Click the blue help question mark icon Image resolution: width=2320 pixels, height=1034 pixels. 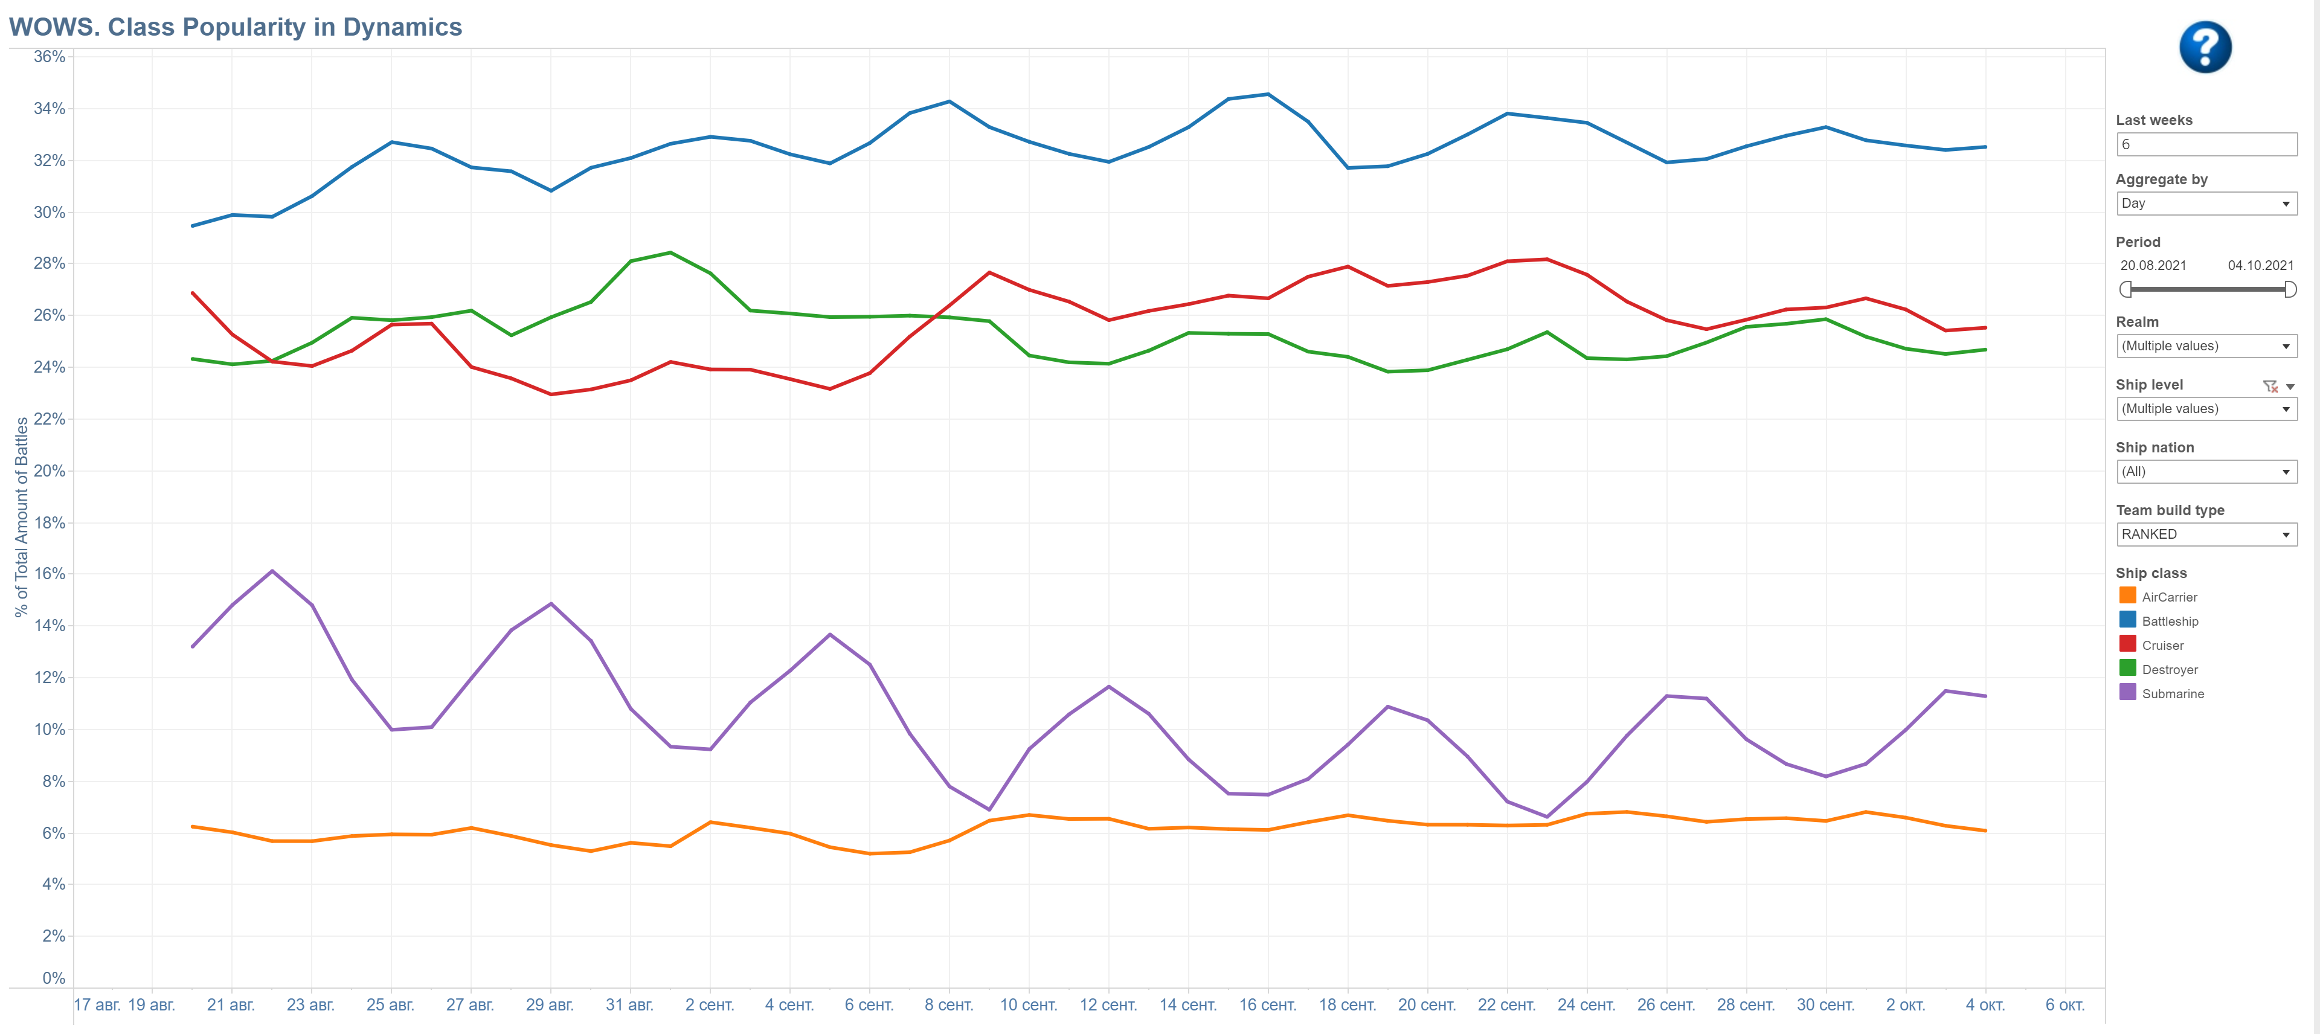(2204, 47)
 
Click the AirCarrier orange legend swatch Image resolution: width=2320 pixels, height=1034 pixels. (2127, 596)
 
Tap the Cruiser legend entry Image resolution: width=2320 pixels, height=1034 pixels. (2162, 646)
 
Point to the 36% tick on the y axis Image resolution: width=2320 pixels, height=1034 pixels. (50, 57)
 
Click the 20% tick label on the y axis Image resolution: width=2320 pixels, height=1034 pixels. (50, 471)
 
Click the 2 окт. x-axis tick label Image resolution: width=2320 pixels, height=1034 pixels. (1905, 1005)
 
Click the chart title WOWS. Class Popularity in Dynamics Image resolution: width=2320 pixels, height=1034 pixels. (235, 27)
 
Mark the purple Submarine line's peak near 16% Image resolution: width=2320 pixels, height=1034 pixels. (272, 571)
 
